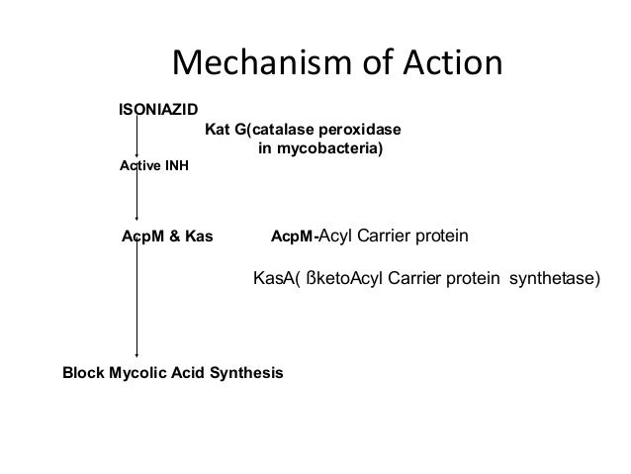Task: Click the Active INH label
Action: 153,166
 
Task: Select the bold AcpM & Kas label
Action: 166,237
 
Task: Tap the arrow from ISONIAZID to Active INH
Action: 136,137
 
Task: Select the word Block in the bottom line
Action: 82,373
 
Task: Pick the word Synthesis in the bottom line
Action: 246,373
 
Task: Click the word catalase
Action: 288,130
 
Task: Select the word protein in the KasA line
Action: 476,280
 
